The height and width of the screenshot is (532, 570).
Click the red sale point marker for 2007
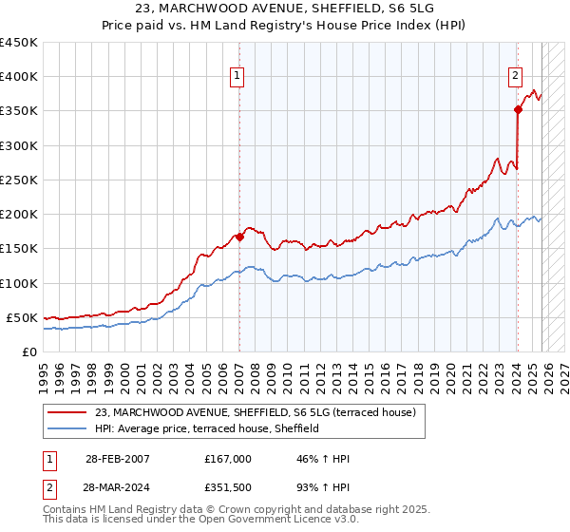239,237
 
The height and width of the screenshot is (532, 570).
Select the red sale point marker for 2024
518,110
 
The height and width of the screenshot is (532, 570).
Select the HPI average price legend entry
206,429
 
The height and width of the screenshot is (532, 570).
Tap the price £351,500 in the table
229,486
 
